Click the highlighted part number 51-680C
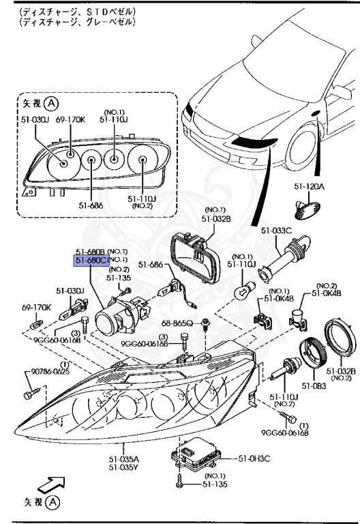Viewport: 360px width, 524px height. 91,260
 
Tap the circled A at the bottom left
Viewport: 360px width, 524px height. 53,504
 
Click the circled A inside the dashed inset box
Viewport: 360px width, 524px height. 52,104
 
